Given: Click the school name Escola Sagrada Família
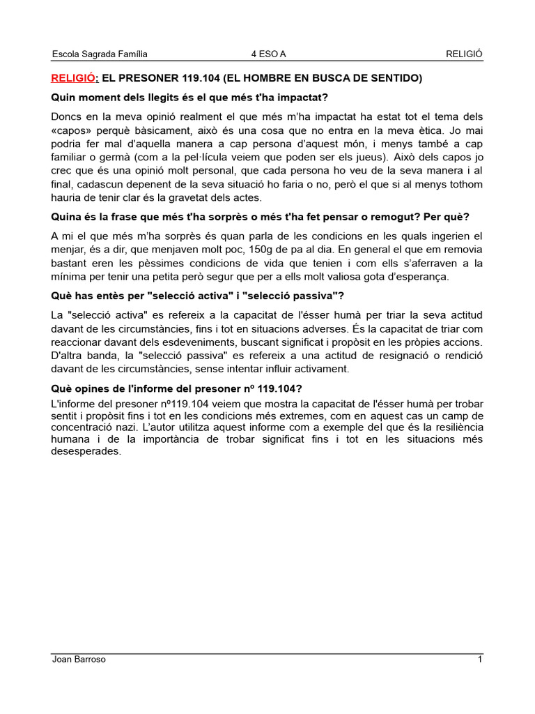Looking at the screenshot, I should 100,54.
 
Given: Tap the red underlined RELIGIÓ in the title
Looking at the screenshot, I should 75,78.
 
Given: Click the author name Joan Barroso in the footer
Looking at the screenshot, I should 79,660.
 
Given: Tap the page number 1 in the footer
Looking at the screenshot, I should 480,660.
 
